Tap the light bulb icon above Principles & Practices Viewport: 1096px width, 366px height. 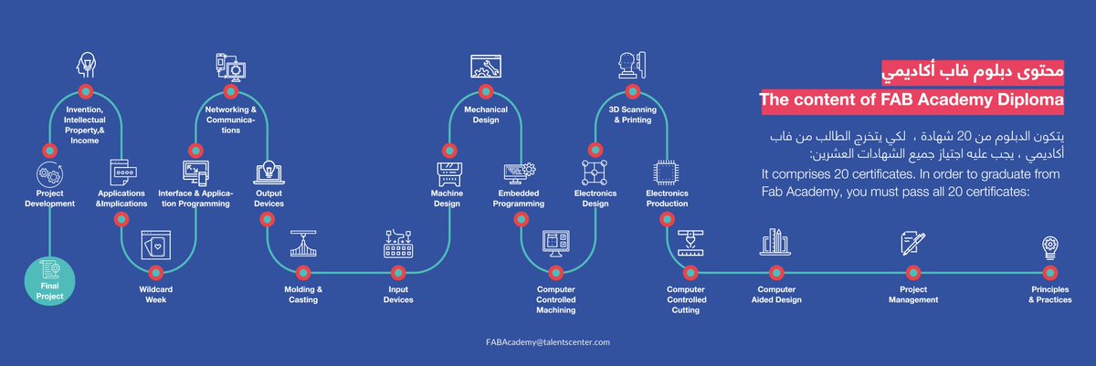point(1050,246)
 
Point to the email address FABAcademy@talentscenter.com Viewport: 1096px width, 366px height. point(548,341)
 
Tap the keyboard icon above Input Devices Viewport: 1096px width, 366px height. point(399,243)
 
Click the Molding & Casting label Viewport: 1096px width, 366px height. point(303,295)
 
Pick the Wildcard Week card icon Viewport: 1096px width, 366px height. point(154,245)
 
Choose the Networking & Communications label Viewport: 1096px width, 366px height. point(230,120)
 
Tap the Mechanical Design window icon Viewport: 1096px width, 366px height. point(485,66)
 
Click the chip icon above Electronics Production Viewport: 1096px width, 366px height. point(667,172)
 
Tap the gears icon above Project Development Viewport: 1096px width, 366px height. point(49,173)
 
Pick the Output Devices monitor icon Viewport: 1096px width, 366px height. point(269,173)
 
